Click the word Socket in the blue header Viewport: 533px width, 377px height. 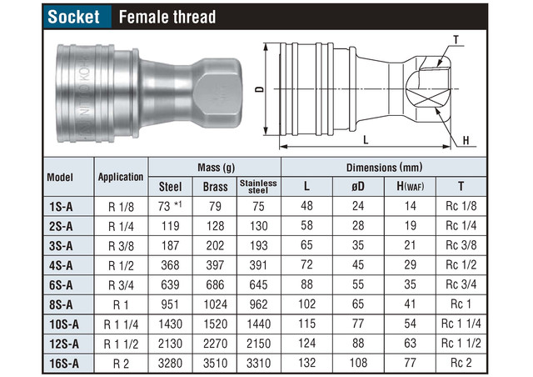73,17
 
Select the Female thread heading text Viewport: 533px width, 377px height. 167,17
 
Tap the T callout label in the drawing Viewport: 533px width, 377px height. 456,40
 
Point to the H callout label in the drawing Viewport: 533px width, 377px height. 466,140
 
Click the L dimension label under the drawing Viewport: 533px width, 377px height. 366,139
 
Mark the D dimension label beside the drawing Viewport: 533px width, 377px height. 259,89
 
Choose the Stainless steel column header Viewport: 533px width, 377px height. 258,187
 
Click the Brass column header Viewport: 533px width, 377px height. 215,187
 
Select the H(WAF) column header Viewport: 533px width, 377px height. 411,186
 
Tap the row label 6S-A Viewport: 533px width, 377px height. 61,285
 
